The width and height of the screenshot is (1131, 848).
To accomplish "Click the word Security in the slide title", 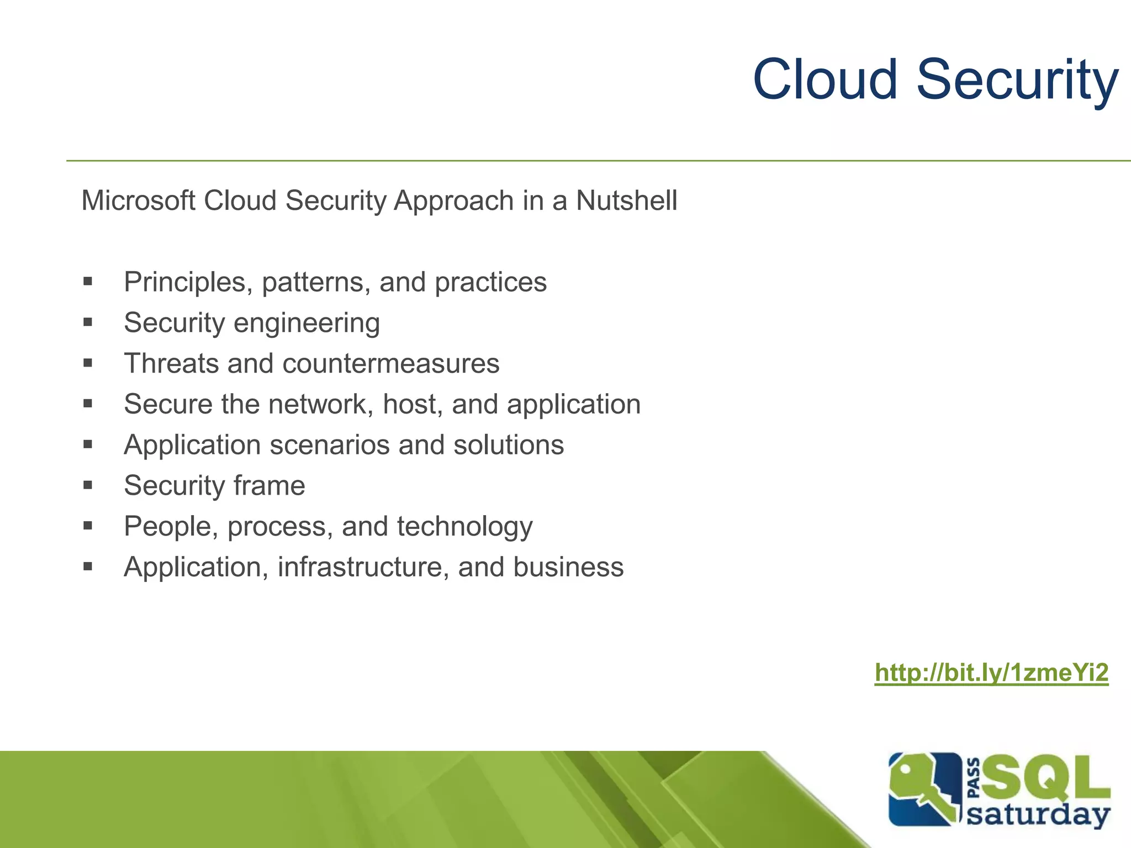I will pos(1017,81).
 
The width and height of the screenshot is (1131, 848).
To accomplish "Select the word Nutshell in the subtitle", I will pos(626,200).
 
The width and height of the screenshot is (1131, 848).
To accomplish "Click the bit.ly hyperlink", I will pos(991,673).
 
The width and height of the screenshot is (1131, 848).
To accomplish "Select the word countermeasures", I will pos(390,364).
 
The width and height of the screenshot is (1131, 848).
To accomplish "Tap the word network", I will pos(318,404).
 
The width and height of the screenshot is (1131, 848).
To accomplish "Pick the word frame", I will pos(269,486).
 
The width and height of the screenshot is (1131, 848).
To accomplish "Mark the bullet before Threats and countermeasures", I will pos(88,363).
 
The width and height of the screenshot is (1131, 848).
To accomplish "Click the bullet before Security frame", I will pos(88,485).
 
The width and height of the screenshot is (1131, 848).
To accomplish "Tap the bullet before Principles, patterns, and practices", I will pos(88,282).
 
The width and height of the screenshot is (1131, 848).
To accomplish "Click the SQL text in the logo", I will pos(1045,779).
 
